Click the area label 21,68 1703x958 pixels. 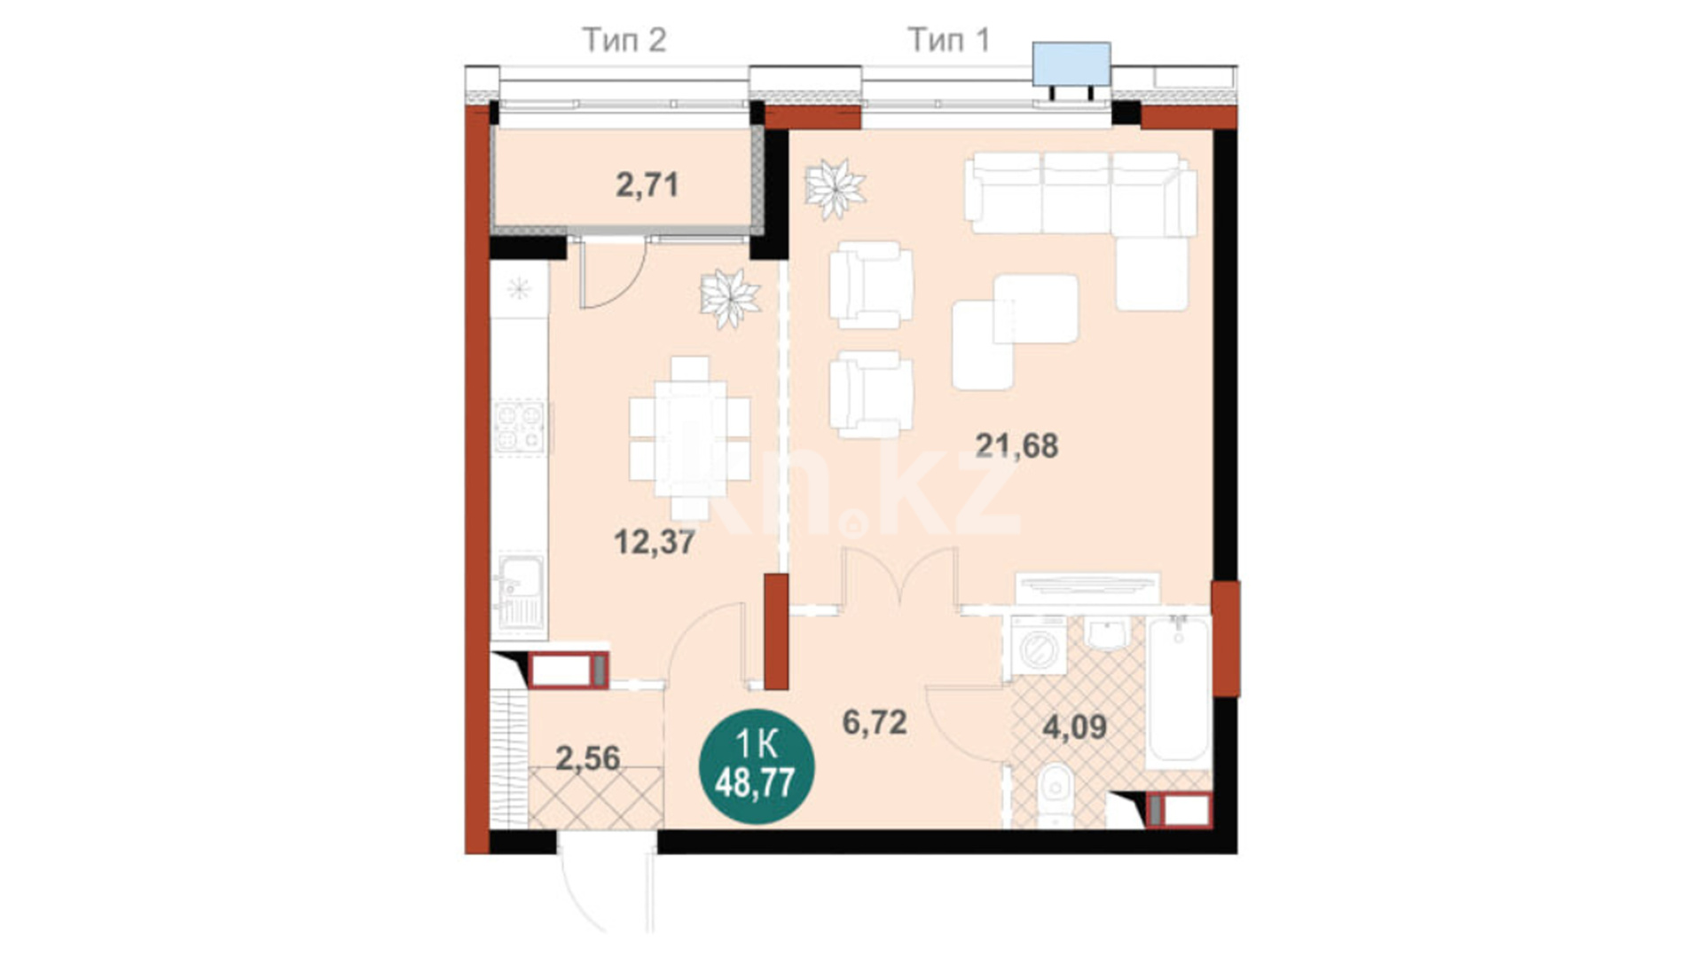coord(1016,445)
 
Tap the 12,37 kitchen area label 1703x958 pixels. coord(655,541)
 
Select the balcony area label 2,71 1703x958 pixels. coord(647,185)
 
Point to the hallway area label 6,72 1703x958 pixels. coord(875,722)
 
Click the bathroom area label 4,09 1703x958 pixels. coord(1074,727)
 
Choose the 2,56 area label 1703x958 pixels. coord(587,758)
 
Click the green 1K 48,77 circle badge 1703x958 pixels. coord(757,766)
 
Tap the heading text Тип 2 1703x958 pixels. coord(624,40)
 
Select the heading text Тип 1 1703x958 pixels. coord(948,40)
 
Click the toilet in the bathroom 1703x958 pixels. coord(1056,792)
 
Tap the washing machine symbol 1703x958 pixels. coord(1039,646)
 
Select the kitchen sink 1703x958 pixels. coord(519,590)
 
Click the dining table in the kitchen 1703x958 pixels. coord(690,438)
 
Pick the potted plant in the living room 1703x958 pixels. coord(834,188)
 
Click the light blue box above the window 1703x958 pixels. coord(1071,64)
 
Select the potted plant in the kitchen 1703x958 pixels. coord(729,298)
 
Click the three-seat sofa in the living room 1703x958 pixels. coord(1080,193)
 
